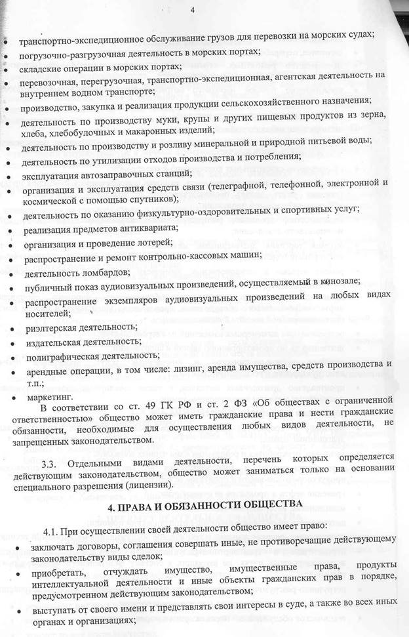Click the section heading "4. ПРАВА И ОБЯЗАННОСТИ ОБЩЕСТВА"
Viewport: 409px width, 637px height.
coord(204,503)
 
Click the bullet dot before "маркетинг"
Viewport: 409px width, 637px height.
coord(7,398)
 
